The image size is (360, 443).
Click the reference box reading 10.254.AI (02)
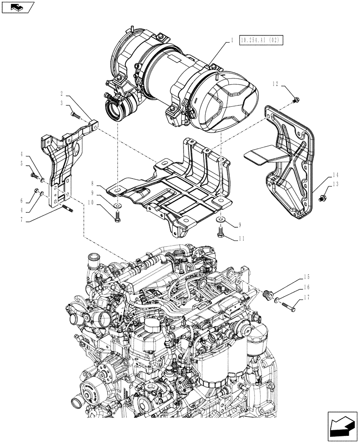[260, 40]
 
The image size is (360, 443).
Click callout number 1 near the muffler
[232, 40]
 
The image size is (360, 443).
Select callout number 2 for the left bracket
[62, 94]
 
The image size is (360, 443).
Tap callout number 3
[62, 103]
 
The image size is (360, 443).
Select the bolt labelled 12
[296, 99]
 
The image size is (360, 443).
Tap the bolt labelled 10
[117, 218]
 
